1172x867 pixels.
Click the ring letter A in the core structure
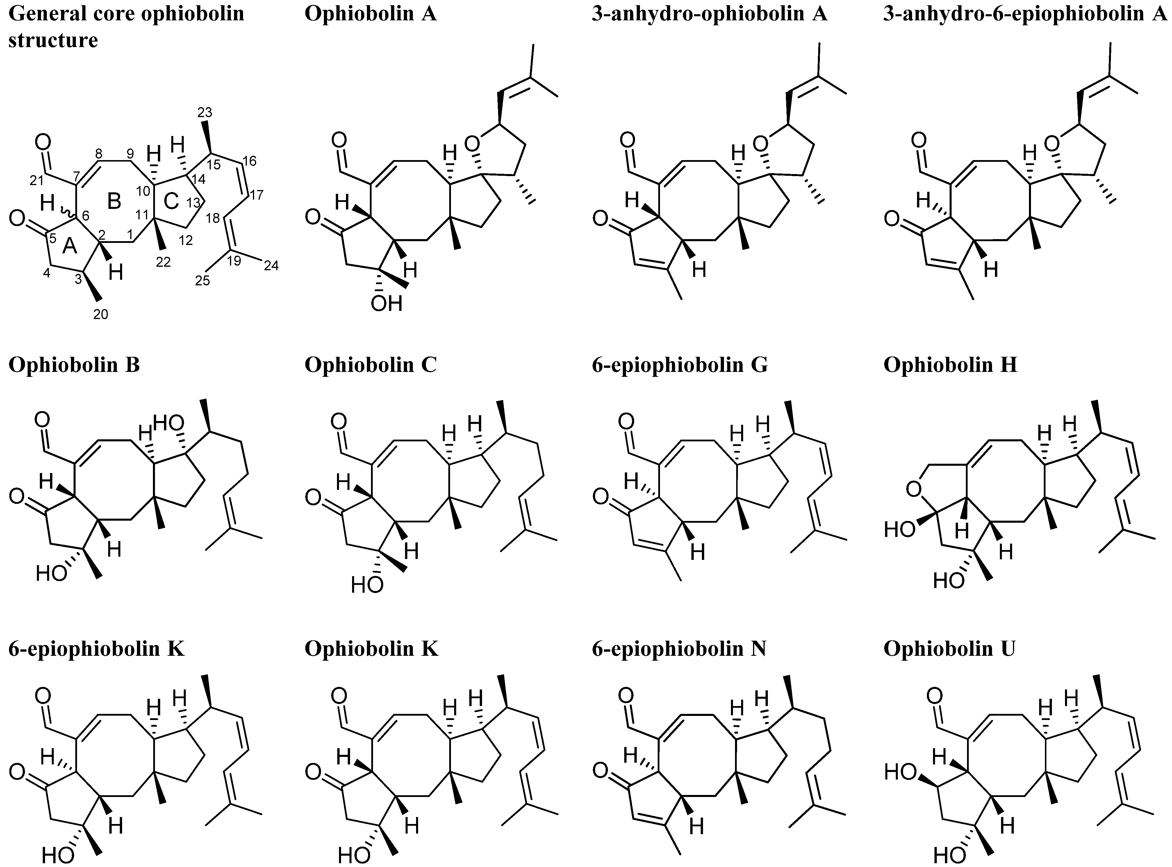70,247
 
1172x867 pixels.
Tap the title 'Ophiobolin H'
950,365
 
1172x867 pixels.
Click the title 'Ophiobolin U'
949,649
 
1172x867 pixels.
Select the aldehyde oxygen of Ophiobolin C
339,421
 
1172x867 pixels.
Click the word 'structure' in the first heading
53,40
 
